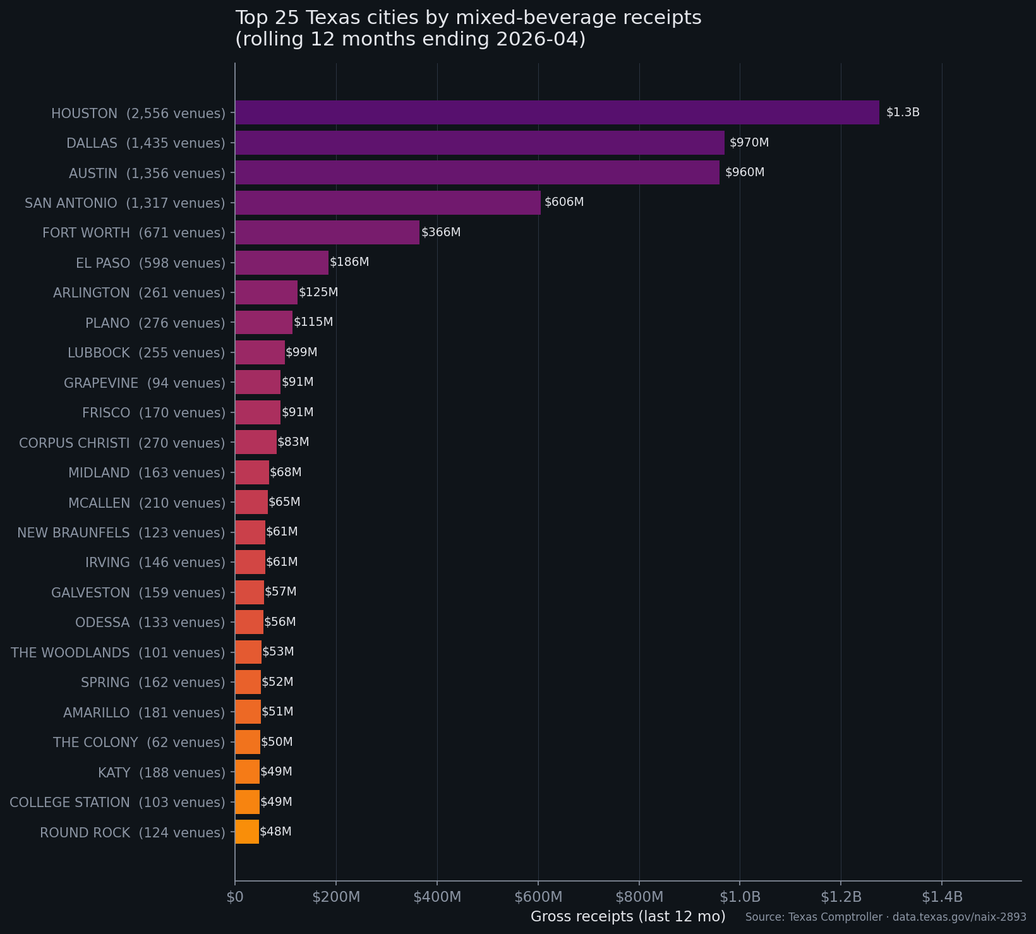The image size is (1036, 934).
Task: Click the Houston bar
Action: pos(557,112)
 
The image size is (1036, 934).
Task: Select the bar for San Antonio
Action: pos(388,203)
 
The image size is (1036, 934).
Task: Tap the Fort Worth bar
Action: pos(327,232)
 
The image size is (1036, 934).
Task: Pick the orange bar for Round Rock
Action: pos(247,832)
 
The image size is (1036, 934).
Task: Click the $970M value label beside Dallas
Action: pos(749,143)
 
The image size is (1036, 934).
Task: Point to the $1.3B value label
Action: pos(903,112)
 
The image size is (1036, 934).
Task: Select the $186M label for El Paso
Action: pos(349,262)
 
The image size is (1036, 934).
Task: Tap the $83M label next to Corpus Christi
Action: pos(293,442)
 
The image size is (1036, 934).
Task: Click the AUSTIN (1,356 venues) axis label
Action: pos(147,173)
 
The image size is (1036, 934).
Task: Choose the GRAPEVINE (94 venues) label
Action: pos(144,383)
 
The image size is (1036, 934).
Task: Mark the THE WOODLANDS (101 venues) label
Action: pos(117,652)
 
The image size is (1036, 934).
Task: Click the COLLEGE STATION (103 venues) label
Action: pos(117,802)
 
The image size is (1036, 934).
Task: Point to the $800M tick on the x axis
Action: pos(639,897)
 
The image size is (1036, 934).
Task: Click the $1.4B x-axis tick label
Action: pos(942,897)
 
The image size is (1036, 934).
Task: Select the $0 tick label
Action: pos(235,897)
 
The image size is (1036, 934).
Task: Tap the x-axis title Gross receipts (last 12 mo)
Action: pos(628,916)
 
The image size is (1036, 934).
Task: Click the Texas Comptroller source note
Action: pos(886,917)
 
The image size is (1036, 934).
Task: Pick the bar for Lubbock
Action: pos(260,352)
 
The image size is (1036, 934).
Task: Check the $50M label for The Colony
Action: pos(277,742)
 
